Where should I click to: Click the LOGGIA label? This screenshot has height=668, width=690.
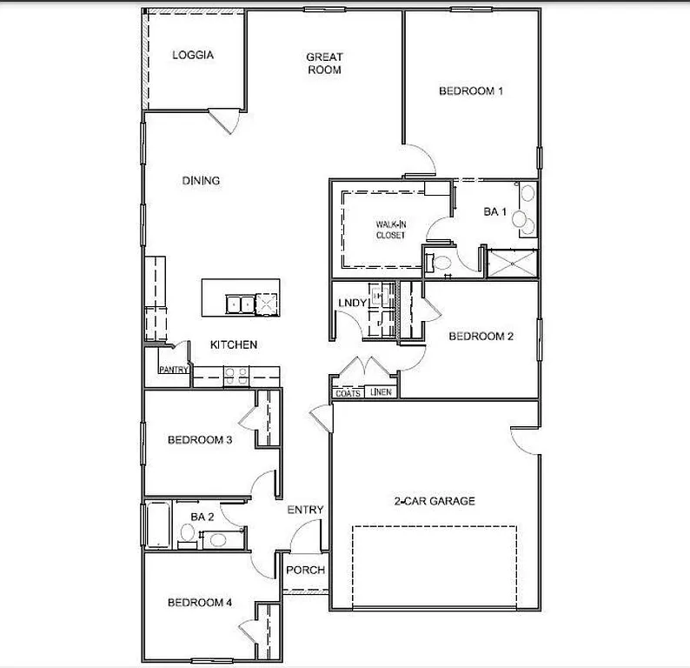[192, 55]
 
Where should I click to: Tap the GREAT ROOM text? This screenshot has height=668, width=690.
[323, 63]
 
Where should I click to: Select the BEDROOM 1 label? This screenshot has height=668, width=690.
[471, 90]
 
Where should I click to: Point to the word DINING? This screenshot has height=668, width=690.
[201, 181]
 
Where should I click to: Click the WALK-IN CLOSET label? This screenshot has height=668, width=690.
[390, 230]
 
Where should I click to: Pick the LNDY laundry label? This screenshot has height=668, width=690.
[351, 303]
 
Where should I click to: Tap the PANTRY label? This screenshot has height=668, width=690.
[173, 370]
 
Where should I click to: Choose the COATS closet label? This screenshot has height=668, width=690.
[348, 392]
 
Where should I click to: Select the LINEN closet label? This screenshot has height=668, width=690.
[381, 392]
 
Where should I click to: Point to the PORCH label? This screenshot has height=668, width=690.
[305, 571]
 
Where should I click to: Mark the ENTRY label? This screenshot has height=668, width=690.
[305, 510]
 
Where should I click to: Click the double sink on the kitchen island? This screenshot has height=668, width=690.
[239, 304]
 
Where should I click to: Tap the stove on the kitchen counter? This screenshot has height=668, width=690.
[236, 376]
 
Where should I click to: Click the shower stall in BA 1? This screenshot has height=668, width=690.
[512, 263]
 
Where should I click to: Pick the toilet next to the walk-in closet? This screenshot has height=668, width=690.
[440, 260]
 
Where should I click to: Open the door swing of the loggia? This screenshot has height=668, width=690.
[222, 120]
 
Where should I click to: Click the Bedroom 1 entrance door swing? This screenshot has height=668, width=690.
[420, 160]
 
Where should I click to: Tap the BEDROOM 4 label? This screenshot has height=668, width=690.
[200, 602]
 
